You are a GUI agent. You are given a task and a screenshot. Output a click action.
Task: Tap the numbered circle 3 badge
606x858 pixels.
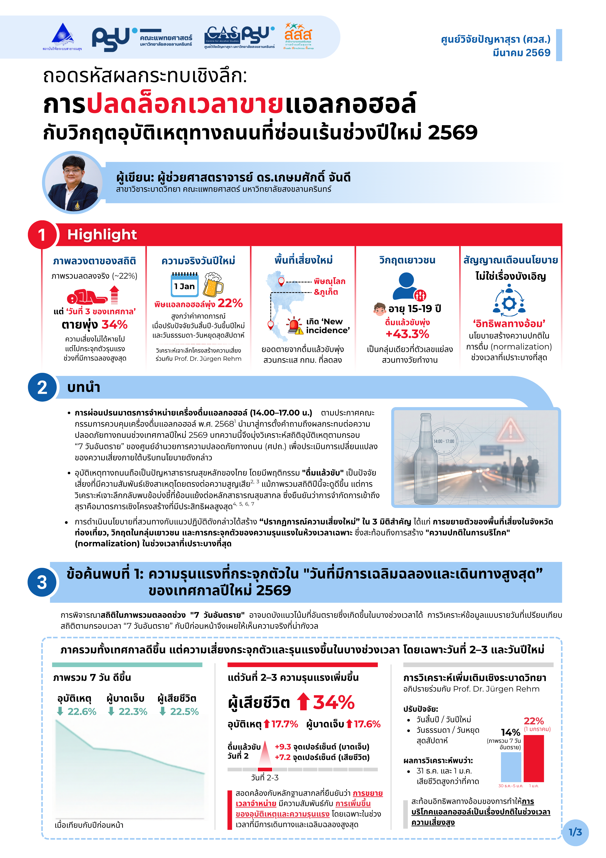pos(42,582)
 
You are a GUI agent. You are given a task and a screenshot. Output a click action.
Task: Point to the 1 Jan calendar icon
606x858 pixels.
pos(184,285)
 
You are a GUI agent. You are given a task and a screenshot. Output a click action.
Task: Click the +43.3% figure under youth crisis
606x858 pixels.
pos(407,334)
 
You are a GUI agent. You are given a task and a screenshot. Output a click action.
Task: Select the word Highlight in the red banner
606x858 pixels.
pos(102,235)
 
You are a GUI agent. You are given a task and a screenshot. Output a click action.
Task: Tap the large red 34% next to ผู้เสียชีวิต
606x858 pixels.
pos(333,702)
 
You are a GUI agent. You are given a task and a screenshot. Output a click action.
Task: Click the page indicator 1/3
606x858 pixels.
pos(575,832)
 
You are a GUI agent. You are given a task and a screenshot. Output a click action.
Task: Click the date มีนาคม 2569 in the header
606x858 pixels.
pos(522,53)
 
